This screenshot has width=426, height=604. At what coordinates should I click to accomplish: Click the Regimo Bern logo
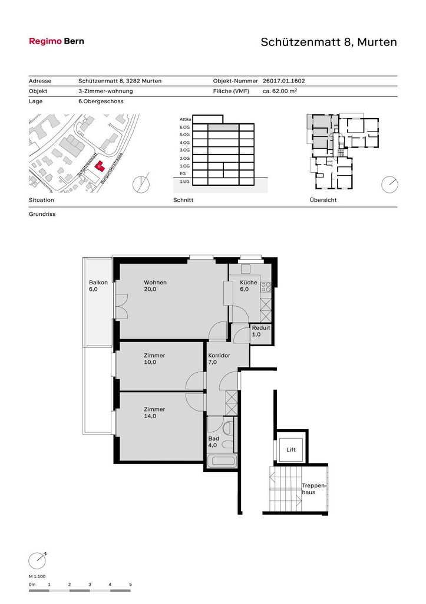pos(57,41)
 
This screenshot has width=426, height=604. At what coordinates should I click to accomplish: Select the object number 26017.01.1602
pos(283,81)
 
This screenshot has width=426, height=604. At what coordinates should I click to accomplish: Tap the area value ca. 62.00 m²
pos(280,91)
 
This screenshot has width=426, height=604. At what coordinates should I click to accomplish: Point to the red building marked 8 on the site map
pos(100,166)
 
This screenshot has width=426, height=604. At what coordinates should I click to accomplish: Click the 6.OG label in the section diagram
pos(184,127)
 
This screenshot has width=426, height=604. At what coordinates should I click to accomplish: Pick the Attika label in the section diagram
pos(186,119)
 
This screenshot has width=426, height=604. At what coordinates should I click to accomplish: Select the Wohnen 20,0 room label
pos(155,286)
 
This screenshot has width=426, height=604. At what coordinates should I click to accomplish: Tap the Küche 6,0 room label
pos(248,286)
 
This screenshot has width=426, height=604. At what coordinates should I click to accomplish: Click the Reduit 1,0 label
pos(261,331)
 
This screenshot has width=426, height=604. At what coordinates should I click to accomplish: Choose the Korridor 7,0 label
pos(219,359)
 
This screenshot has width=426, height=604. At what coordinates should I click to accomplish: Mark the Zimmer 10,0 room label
pos(154,359)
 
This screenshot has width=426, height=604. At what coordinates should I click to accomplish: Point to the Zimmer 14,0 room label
pos(154,412)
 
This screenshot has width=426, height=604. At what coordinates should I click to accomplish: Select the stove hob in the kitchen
pos(266,287)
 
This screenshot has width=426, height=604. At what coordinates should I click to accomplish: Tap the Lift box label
pos(291,449)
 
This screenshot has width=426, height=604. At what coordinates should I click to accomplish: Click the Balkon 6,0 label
pos(98,286)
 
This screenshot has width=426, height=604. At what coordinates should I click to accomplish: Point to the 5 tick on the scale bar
pos(130,585)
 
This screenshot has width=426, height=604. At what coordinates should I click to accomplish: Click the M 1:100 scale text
pos(37,577)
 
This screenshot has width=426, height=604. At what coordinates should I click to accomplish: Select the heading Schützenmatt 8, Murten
pos(329,42)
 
